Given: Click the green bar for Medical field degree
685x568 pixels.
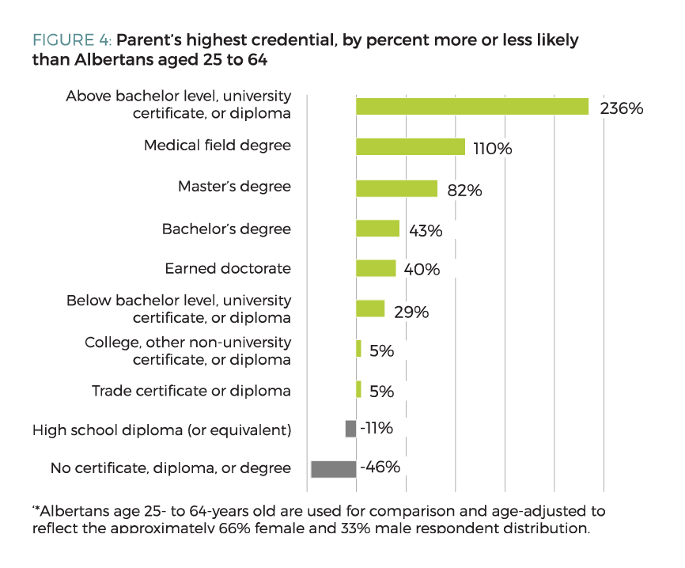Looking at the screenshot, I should click(x=410, y=147).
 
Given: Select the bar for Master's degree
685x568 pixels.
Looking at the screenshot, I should click(x=396, y=188).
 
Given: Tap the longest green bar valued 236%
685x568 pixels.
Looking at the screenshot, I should click(x=472, y=107).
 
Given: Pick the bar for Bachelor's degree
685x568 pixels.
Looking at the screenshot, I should click(x=377, y=229).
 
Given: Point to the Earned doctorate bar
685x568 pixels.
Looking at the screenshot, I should click(x=376, y=269).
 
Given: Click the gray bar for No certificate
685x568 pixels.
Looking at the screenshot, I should click(x=333, y=469).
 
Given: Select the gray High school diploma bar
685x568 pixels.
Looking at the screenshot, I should click(x=350, y=429).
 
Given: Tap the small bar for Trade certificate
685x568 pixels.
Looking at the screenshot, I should click(x=358, y=389).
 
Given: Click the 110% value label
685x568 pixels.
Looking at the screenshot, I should click(x=492, y=149).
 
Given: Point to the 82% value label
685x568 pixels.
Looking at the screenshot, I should click(x=464, y=190).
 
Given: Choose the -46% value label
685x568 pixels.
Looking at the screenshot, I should click(x=380, y=467).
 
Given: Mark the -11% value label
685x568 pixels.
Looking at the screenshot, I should click(x=376, y=428).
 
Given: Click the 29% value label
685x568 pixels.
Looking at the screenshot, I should click(x=411, y=312).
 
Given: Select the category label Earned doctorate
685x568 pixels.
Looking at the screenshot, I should click(x=228, y=268).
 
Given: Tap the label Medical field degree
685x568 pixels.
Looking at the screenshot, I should click(x=218, y=146).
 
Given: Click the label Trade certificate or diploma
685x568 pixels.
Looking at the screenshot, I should click(x=191, y=391).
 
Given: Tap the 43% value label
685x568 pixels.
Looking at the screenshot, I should click(x=426, y=231).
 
